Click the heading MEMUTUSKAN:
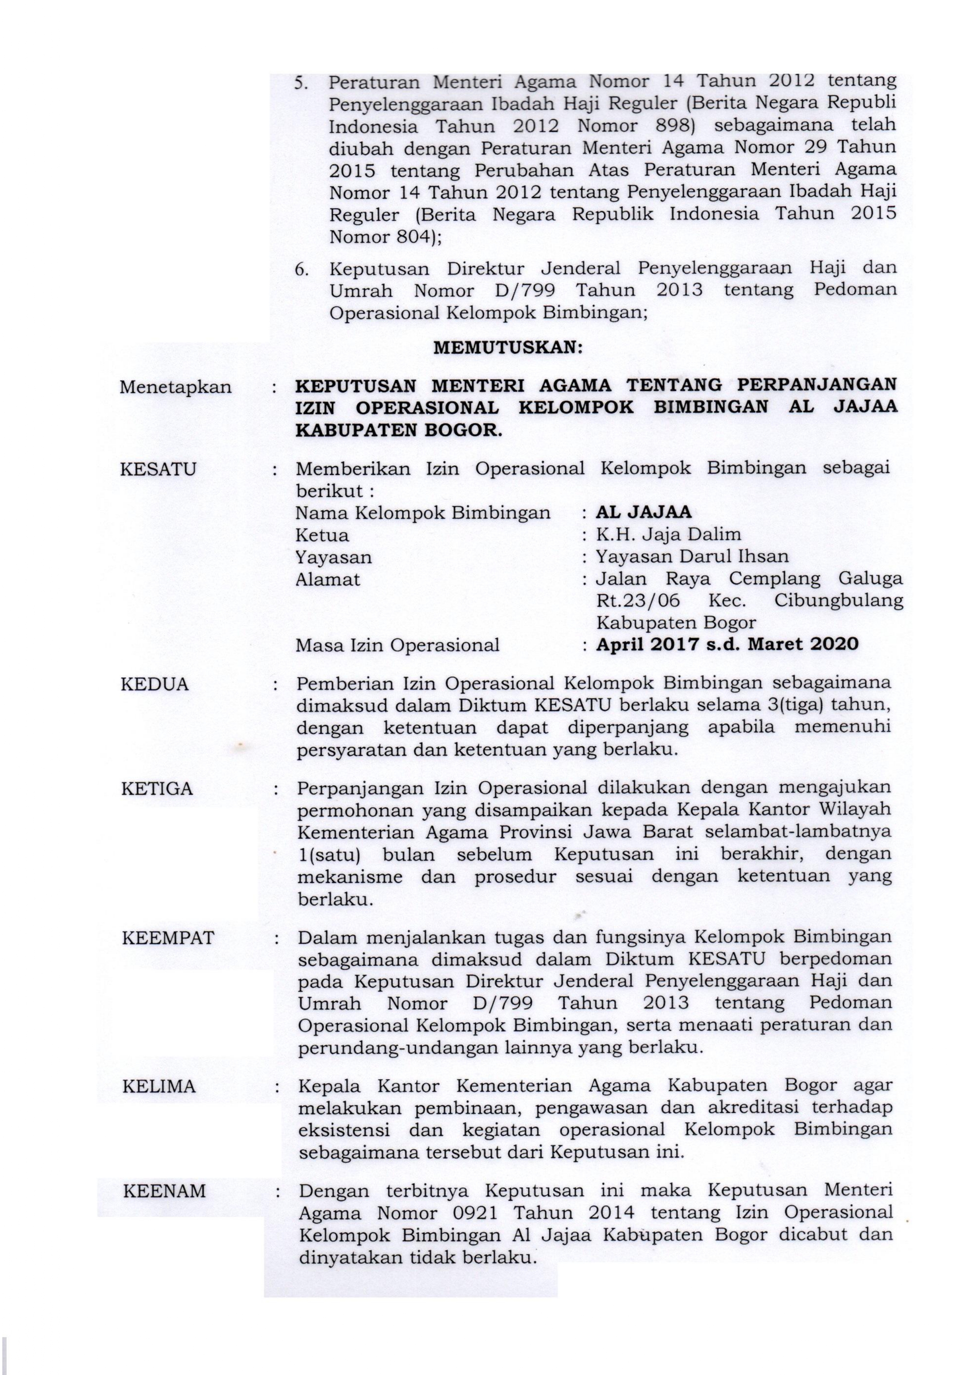(x=507, y=348)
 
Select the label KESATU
(x=158, y=469)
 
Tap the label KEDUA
(x=154, y=684)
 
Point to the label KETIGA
(x=157, y=789)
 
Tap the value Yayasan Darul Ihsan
(x=692, y=556)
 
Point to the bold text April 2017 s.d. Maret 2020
(x=727, y=644)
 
